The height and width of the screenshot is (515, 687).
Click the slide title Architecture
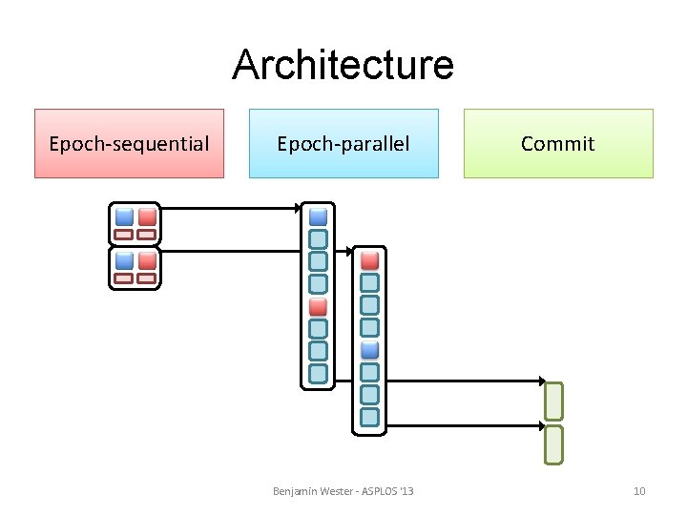343,65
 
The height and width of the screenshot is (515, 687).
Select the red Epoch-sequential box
129,144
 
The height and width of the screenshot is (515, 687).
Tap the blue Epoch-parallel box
343,144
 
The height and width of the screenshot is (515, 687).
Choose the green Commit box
558,144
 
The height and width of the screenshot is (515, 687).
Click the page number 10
639,491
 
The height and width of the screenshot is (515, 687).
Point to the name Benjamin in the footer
296,491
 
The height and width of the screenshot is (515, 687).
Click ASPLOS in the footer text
379,491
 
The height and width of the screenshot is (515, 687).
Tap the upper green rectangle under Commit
554,400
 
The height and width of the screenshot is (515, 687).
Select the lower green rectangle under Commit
554,443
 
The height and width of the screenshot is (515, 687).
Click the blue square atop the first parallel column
319,216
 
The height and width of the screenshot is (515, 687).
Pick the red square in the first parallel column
319,306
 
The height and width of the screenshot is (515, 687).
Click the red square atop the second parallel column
370,260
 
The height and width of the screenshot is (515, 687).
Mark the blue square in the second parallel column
370,350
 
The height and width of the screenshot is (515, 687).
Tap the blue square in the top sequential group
124,216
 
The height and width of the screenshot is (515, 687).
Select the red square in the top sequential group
146,216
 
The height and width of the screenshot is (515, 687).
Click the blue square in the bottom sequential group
124,260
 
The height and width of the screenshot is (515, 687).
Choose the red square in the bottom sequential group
146,260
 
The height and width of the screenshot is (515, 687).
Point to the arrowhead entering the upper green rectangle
540,381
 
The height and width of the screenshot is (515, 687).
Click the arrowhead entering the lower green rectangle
540,425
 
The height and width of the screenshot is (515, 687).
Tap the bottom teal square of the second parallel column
370,417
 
